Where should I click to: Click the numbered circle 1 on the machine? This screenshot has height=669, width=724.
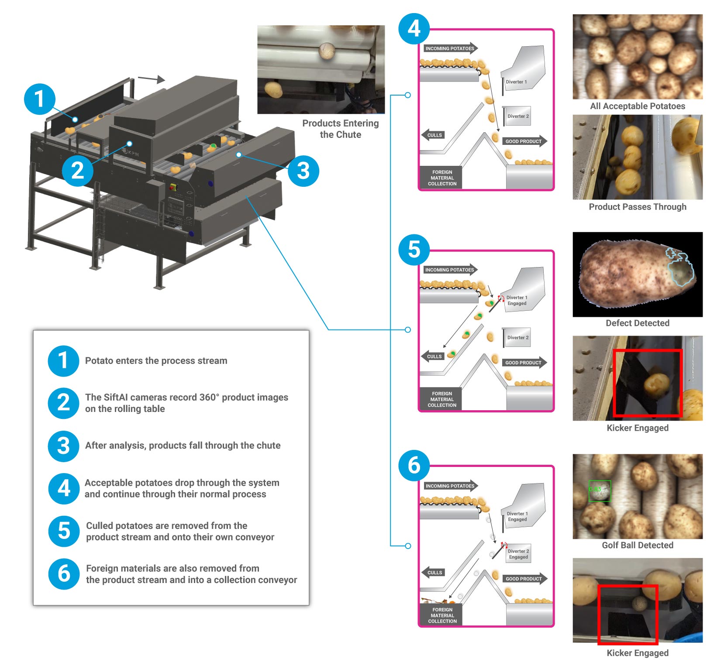coord(40,99)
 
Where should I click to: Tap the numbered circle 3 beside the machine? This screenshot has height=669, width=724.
coord(303,171)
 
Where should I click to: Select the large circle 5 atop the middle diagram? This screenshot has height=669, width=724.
coord(414,250)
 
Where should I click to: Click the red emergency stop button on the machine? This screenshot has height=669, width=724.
coord(173,187)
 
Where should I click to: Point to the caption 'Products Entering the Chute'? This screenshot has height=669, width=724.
coord(340,129)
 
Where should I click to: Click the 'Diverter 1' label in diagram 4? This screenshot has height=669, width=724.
coord(516,82)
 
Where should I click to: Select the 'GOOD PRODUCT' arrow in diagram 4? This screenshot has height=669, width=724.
coord(524,141)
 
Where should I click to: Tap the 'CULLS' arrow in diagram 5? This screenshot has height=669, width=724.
coord(433,357)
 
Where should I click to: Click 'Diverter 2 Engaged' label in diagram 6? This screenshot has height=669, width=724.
coord(518,554)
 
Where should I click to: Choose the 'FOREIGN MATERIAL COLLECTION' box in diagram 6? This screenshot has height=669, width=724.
coord(442,615)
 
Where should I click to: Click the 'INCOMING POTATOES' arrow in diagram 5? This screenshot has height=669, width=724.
coord(450,270)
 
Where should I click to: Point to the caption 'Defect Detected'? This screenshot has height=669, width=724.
coord(637,323)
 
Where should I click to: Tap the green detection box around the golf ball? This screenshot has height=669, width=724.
coord(600,491)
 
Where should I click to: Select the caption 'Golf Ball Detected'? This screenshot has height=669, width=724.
coord(637,545)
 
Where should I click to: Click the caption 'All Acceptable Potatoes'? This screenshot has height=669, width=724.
coord(637,106)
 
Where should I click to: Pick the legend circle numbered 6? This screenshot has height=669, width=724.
coord(64,573)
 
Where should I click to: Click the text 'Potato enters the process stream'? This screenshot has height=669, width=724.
coord(156,361)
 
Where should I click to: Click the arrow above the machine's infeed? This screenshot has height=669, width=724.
coord(151,79)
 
